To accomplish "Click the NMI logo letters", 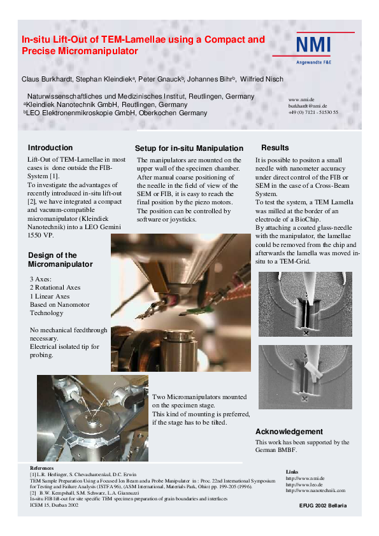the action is click(x=313, y=45).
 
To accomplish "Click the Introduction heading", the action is click(x=50, y=148).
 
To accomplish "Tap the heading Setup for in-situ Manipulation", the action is click(x=189, y=148).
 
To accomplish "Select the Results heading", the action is click(x=275, y=148).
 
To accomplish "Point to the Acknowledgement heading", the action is click(x=289, y=432).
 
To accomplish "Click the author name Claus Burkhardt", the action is click(x=47, y=80).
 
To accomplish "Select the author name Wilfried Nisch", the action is click(x=262, y=80).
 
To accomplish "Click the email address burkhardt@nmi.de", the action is click(x=308, y=106).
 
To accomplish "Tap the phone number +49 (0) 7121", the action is click(x=302, y=112).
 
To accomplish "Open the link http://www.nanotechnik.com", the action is click(x=315, y=490).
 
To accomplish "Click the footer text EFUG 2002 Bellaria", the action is click(x=323, y=505).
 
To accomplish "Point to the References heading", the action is click(x=42, y=468).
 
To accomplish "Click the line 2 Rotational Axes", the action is click(x=55, y=288).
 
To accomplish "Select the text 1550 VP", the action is click(x=40, y=235).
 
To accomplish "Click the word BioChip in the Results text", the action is click(x=307, y=220).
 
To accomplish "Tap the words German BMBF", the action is click(x=276, y=450).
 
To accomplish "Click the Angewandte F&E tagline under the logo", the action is click(x=313, y=62).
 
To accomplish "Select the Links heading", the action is click(x=292, y=472).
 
